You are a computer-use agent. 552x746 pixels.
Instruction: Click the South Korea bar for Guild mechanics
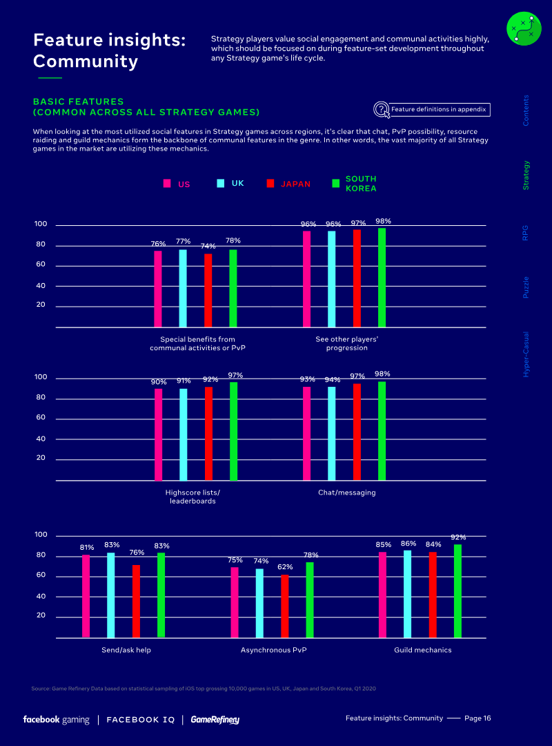[x=457, y=591]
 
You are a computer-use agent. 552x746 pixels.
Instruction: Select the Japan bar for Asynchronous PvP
[x=285, y=606]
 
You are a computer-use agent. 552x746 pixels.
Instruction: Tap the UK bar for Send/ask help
[x=111, y=595]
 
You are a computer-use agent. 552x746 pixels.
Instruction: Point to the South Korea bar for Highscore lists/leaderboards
[x=233, y=431]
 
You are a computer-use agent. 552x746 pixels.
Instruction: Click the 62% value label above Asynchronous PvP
[x=285, y=567]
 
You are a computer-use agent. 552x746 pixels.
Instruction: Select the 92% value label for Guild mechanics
[x=458, y=537]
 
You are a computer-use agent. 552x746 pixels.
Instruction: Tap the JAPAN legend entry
[x=288, y=184]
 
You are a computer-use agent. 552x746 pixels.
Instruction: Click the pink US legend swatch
[x=167, y=184]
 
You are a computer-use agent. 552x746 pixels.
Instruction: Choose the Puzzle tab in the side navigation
[x=526, y=287]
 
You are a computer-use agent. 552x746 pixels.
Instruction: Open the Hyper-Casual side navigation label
[x=526, y=354]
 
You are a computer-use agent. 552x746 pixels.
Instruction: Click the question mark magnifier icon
[x=381, y=109]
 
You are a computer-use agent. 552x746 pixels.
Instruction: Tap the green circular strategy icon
[x=524, y=28]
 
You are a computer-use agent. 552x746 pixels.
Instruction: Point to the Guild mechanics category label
[x=422, y=651]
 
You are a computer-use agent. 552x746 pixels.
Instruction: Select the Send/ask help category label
[x=126, y=651]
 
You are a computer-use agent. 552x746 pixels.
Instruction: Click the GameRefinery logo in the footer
[x=215, y=720]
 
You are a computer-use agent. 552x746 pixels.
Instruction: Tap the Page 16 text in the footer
[x=477, y=718]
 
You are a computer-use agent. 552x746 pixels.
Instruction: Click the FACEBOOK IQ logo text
[x=141, y=720]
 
